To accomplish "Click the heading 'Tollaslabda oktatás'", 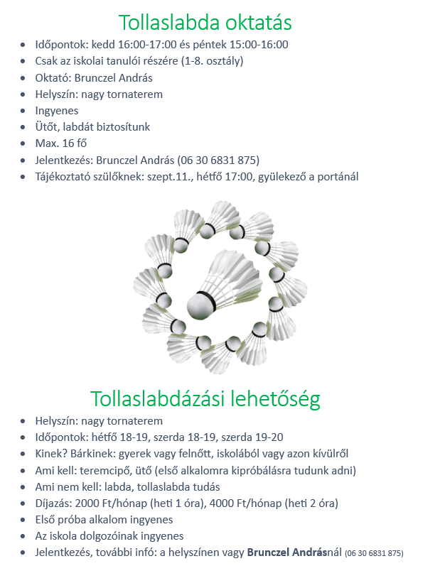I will pyautogui.click(x=205, y=23).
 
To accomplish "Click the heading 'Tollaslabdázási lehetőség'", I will pyautogui.click(x=205, y=399).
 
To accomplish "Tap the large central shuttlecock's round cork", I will pyautogui.click(x=201, y=305).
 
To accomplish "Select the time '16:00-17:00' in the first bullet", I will pyautogui.click(x=141, y=45).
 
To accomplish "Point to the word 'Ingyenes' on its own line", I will pyautogui.click(x=57, y=111).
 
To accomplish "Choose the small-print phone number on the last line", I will pyautogui.click(x=374, y=553).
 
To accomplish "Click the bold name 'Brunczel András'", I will pyautogui.click(x=296, y=552).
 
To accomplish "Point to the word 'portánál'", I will pyautogui.click(x=336, y=176).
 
